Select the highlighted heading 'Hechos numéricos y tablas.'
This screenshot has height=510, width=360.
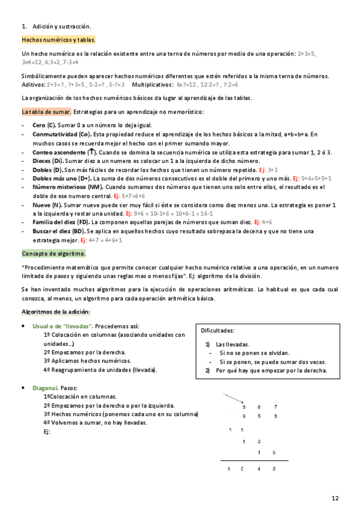tap(49, 40)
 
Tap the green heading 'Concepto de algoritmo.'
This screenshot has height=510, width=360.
tap(53, 254)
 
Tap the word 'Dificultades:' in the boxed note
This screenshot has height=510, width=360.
tap(218, 331)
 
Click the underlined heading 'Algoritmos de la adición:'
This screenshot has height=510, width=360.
tap(55, 312)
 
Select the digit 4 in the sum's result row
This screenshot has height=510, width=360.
tap(258, 469)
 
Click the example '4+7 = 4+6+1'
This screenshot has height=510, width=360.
tap(106, 240)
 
